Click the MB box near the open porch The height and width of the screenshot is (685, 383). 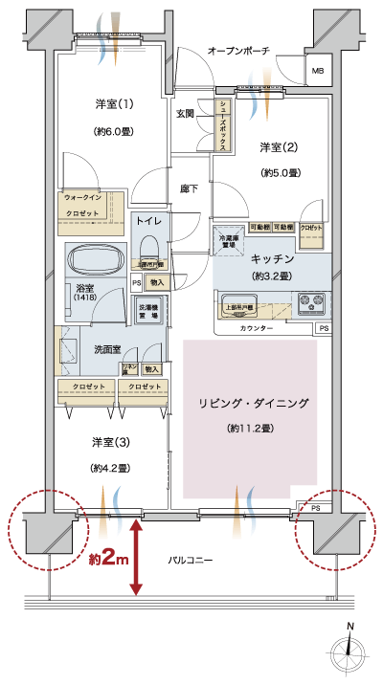click(316, 72)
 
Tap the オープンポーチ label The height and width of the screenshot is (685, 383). click(238, 50)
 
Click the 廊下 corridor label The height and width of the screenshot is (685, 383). click(190, 189)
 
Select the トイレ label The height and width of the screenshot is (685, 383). click(148, 221)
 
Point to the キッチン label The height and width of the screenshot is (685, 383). click(272, 259)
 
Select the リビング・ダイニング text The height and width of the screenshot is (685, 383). click(249, 405)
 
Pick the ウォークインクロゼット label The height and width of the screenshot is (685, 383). click(88, 204)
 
